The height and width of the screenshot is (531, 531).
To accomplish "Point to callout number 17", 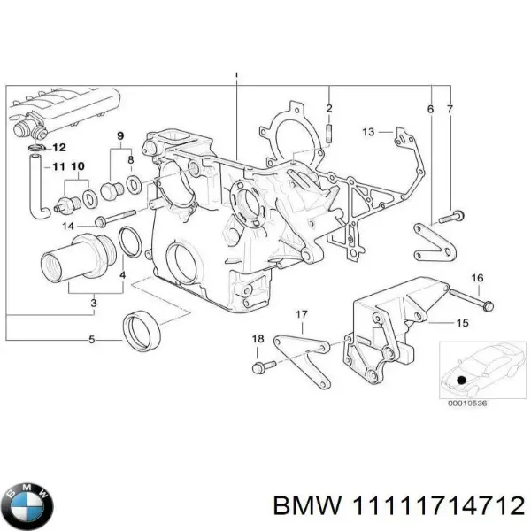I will (x=301, y=315).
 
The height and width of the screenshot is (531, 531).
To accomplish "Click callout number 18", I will (x=258, y=339).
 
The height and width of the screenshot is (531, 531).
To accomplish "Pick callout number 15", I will (x=461, y=324).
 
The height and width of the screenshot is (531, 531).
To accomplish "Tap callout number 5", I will (x=92, y=338).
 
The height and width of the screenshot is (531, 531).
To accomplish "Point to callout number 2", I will (x=328, y=109).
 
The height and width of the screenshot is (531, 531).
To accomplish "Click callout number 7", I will (x=450, y=109).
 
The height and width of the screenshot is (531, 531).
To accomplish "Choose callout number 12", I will (x=59, y=147).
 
